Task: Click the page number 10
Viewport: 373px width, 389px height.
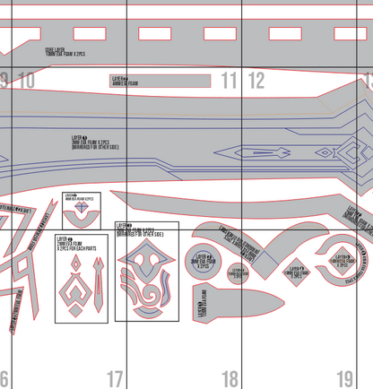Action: tap(26, 81)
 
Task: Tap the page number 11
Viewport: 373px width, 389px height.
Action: tap(230, 81)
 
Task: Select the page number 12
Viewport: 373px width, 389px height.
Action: tap(256, 81)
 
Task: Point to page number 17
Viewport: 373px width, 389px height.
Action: tap(115, 379)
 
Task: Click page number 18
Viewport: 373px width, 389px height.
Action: tap(230, 379)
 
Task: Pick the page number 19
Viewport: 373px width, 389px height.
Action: tap(345, 379)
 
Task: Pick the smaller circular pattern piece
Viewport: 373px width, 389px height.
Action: tap(238, 275)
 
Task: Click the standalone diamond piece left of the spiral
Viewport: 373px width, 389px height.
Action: tap(295, 266)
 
